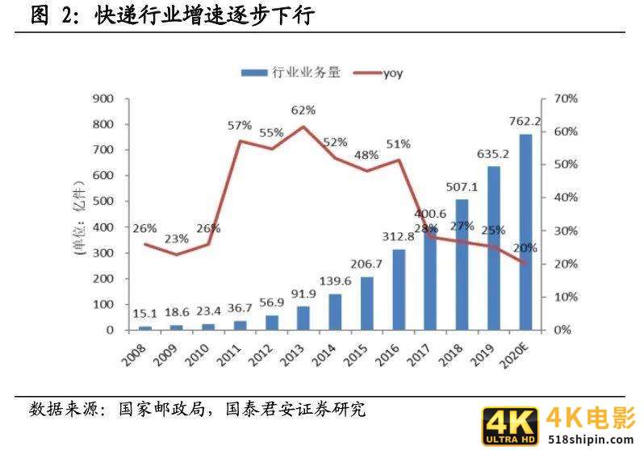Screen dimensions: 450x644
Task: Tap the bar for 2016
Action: pos(398,290)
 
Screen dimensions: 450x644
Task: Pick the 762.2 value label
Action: pos(525,122)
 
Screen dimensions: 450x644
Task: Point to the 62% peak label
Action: pos(304,110)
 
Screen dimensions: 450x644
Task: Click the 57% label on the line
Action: pos(240,126)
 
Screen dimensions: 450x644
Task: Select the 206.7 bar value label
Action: pos(368,265)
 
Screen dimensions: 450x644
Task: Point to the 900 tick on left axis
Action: pos(105,98)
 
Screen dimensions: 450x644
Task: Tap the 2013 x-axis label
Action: pos(300,352)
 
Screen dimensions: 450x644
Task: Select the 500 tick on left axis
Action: pos(105,202)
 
